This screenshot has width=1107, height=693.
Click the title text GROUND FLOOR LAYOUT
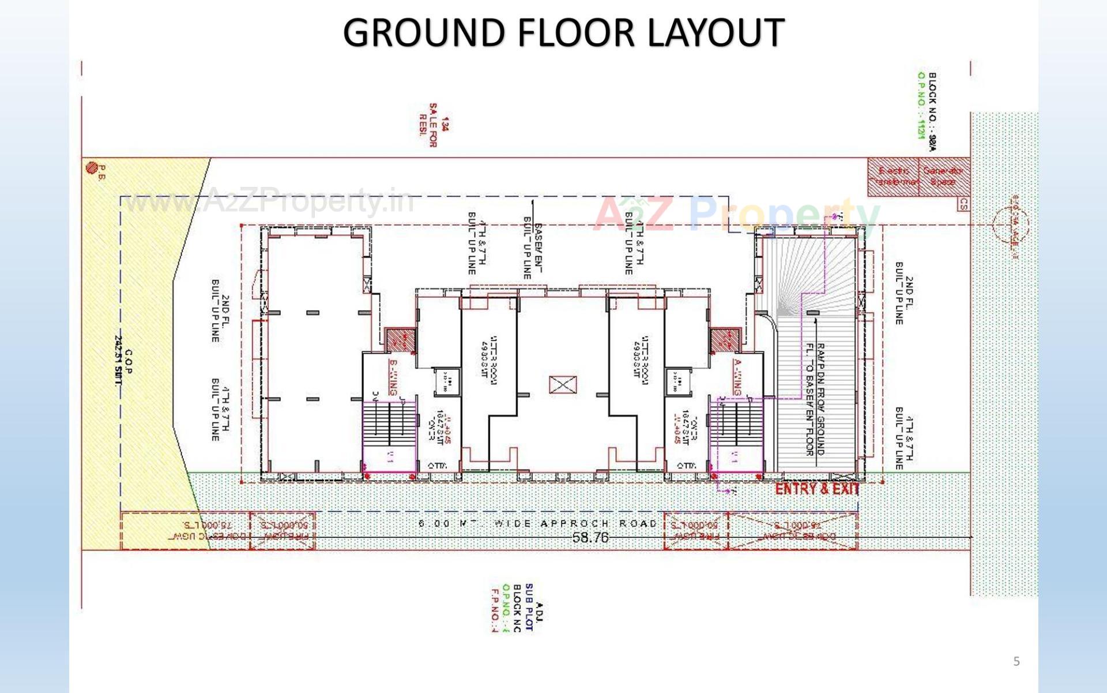[563, 32]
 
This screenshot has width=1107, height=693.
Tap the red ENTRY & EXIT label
[817, 489]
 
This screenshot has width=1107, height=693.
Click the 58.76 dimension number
[590, 537]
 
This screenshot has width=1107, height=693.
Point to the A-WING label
[737, 377]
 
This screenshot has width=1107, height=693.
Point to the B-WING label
[394, 377]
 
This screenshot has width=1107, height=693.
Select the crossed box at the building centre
[562, 385]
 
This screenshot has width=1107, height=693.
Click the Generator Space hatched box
[943, 176]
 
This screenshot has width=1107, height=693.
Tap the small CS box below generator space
[963, 204]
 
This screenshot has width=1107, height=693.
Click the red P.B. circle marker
[91, 168]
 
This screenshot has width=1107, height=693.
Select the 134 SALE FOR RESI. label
[433, 125]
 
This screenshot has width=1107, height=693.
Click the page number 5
[1016, 661]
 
